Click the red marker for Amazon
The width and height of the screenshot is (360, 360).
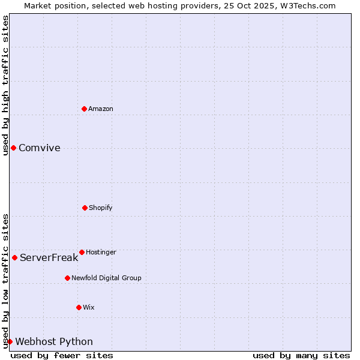pos(84,109)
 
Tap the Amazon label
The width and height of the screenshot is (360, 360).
pos(101,109)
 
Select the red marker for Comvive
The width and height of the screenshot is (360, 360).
pos(13,148)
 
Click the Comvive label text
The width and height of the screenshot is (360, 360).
pos(40,148)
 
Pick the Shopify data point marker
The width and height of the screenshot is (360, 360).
pos(85,208)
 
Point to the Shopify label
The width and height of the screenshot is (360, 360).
pos(101,208)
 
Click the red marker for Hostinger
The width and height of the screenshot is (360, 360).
pos(82,252)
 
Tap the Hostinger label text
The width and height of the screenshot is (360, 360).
pos(101,252)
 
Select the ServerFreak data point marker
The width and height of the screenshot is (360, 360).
pos(14,257)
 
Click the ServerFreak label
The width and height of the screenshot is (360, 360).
pos(49,258)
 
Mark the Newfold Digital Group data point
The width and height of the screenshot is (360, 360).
pos(67,278)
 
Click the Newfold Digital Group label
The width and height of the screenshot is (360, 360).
pos(106,278)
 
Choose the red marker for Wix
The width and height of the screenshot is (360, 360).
pos(79,307)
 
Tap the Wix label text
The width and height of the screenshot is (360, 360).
pos(89,307)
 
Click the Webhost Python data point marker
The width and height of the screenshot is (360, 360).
pos(10,341)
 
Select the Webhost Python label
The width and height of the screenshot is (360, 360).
pos(54,342)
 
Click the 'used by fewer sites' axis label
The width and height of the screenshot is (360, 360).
pos(62,355)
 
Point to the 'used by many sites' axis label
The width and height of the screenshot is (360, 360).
pos(301,355)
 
